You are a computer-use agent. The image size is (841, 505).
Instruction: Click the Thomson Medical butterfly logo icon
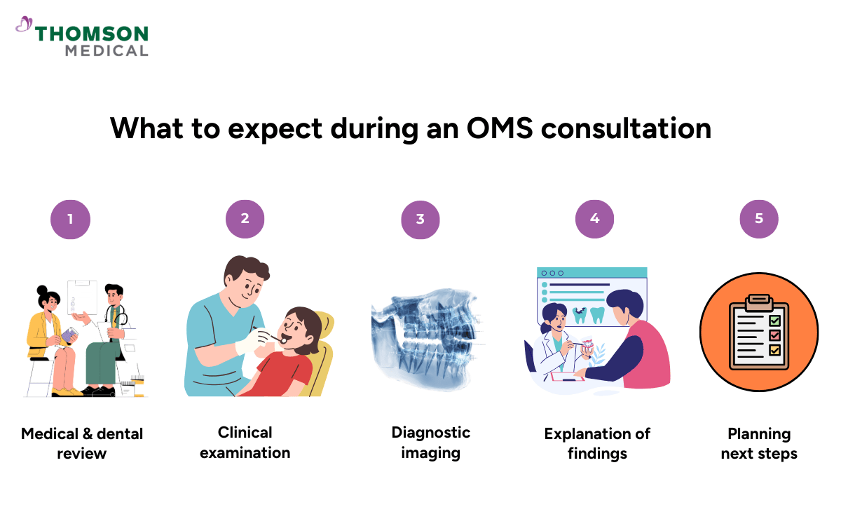tap(24, 25)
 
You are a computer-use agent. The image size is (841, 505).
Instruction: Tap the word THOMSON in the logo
tap(91, 34)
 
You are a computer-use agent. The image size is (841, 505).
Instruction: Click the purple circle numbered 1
tap(70, 219)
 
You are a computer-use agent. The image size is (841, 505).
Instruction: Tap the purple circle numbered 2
tap(245, 219)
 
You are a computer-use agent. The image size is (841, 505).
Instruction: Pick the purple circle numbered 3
tap(420, 219)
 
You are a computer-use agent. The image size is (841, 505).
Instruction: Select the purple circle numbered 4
tap(594, 219)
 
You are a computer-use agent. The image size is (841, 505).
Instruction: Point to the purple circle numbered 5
tap(759, 219)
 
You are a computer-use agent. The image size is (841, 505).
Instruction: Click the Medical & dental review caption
tap(82, 443)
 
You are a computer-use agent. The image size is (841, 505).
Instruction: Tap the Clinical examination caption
tap(245, 442)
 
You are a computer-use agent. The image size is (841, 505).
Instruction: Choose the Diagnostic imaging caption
tap(430, 442)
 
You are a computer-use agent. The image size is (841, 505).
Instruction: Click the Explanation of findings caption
tap(597, 443)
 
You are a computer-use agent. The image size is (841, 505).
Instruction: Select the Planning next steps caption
tap(759, 443)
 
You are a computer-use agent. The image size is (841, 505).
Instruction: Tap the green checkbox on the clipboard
tap(774, 321)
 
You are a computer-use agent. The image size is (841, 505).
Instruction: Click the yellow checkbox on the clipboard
tap(774, 349)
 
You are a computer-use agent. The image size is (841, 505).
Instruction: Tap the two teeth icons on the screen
tap(588, 315)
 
